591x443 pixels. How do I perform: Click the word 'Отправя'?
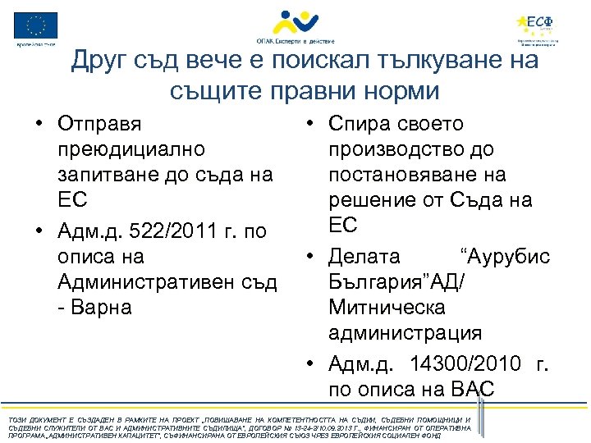point(99,124)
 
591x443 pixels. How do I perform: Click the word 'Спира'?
point(362,124)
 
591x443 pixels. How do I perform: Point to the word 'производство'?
point(398,150)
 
